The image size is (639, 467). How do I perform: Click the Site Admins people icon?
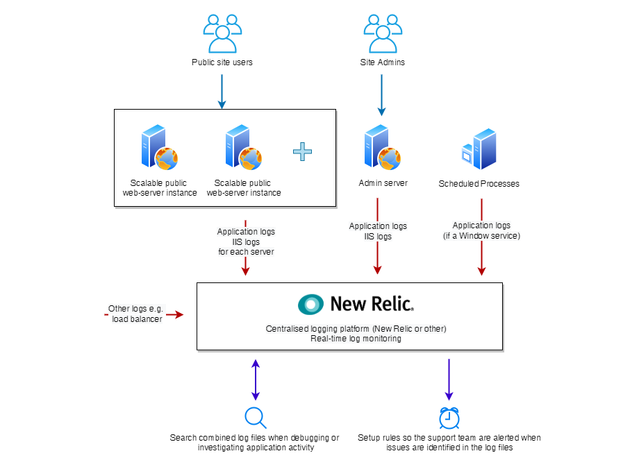click(382, 33)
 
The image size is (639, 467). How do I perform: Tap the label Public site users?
click(222, 62)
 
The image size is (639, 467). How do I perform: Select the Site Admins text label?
click(382, 62)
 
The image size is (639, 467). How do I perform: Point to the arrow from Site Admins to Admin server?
click(381, 94)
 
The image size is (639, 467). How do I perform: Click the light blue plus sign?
click(302, 151)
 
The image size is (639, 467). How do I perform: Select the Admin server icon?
click(382, 147)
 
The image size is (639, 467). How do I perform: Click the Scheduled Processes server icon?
click(479, 148)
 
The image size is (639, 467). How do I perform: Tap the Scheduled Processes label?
click(479, 184)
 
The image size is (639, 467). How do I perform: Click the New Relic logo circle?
click(310, 304)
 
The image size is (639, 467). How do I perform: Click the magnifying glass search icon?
click(256, 417)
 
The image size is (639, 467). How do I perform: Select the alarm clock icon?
click(449, 417)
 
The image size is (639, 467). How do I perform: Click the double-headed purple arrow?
click(256, 379)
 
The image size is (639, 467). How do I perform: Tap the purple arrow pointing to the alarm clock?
click(449, 379)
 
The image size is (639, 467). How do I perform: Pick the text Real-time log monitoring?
click(356, 339)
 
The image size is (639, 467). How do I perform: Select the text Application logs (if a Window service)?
click(481, 231)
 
